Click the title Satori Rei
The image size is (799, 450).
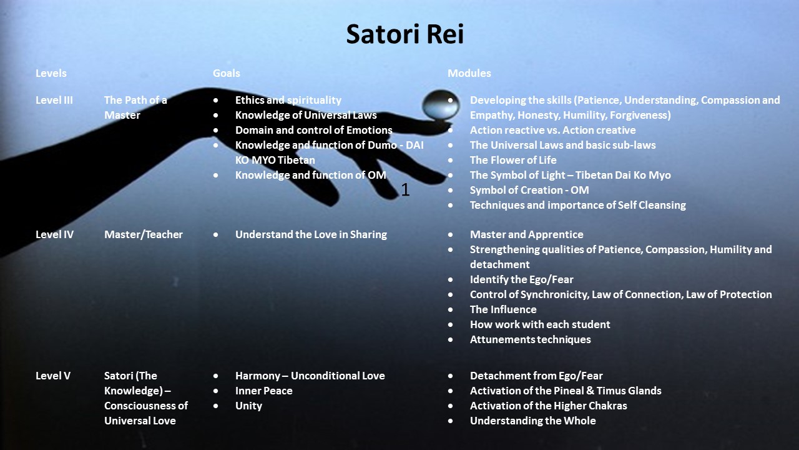(x=405, y=34)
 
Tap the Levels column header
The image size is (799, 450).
(x=51, y=73)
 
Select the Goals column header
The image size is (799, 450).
(x=227, y=73)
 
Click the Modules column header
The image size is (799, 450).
(x=469, y=73)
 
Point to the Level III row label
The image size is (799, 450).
(x=54, y=100)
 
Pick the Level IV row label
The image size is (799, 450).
(x=54, y=234)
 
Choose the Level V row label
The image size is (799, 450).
(x=53, y=376)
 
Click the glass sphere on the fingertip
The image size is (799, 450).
(x=441, y=104)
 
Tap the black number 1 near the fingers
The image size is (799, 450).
(x=405, y=189)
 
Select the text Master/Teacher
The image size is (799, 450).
(x=144, y=234)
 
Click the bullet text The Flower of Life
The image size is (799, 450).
(x=513, y=160)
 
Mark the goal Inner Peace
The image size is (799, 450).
(x=264, y=391)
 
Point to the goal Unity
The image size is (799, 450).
(x=248, y=406)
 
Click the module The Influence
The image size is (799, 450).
(x=503, y=309)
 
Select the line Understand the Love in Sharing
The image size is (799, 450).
(x=311, y=234)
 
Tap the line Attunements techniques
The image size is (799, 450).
(x=531, y=339)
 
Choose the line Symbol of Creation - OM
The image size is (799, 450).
(x=529, y=190)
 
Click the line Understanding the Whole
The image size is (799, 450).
(x=533, y=421)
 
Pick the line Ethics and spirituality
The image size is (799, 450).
(x=288, y=100)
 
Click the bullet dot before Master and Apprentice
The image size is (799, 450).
(x=451, y=234)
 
